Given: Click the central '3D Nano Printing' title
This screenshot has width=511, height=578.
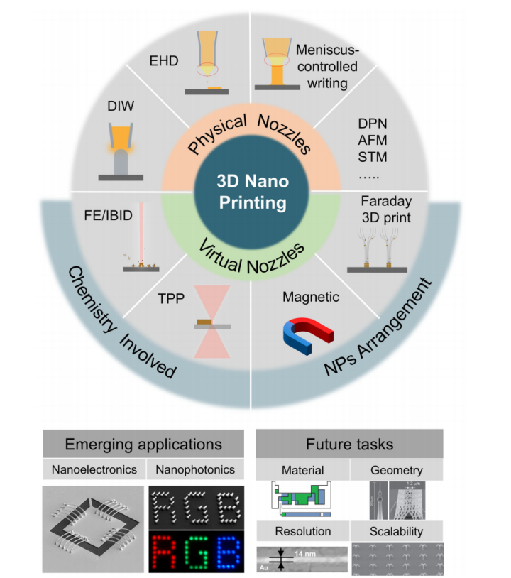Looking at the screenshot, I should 252,192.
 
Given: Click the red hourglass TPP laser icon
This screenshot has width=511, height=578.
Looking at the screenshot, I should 211,325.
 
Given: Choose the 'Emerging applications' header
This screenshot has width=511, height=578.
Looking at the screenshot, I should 143,445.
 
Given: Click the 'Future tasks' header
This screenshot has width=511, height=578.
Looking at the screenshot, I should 350,445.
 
